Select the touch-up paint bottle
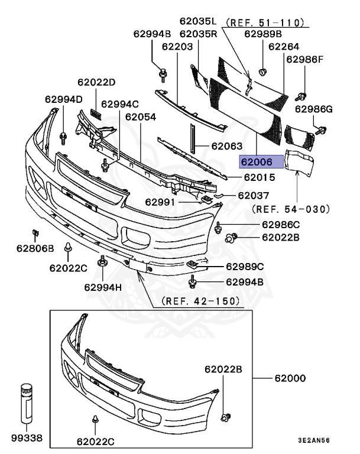click(x=26, y=405)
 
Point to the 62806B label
click(x=35, y=248)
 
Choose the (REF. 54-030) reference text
click(x=290, y=209)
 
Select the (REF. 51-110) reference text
click(x=264, y=22)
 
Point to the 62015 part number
click(x=260, y=177)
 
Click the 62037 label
click(x=254, y=195)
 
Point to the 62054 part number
click(x=140, y=117)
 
